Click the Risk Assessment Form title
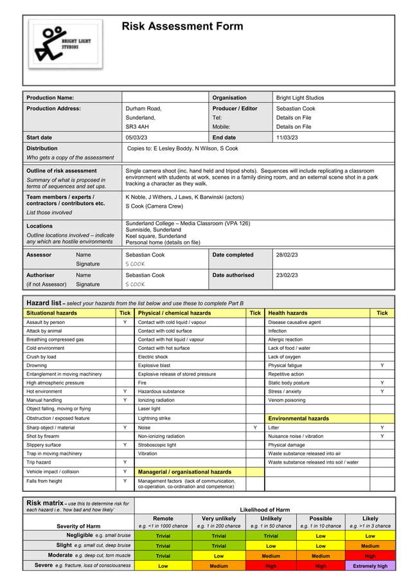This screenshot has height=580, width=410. (x=183, y=26)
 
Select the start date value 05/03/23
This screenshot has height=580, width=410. (x=138, y=137)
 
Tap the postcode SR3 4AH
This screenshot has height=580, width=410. (x=137, y=127)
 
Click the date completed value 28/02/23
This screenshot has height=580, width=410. (x=289, y=255)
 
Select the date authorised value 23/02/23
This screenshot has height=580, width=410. (x=289, y=275)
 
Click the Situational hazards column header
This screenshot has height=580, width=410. (x=51, y=313)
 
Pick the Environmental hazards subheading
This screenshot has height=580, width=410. (x=298, y=418)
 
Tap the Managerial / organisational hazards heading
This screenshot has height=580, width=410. (x=184, y=472)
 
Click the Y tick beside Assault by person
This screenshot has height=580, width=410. (x=125, y=322)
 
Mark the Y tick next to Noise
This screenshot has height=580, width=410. (x=255, y=428)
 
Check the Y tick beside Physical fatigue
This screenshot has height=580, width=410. (x=382, y=365)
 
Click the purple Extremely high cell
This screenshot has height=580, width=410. (x=370, y=566)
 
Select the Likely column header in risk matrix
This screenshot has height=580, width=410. (x=370, y=518)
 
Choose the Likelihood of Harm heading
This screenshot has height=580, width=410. (x=265, y=509)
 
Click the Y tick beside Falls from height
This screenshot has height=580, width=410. (x=125, y=481)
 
